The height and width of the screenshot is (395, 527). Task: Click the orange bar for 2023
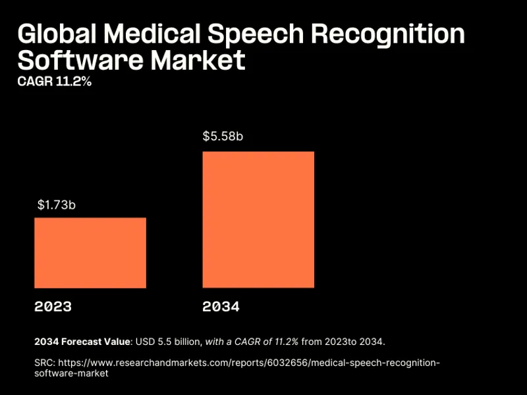coord(90,253)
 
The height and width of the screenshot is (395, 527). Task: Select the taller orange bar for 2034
coord(258,220)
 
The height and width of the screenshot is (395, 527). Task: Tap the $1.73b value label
coord(57,205)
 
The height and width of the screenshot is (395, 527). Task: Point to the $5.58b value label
coord(223,138)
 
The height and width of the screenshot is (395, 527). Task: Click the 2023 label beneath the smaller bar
coord(53,307)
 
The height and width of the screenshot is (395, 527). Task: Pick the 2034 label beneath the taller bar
coord(221,307)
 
